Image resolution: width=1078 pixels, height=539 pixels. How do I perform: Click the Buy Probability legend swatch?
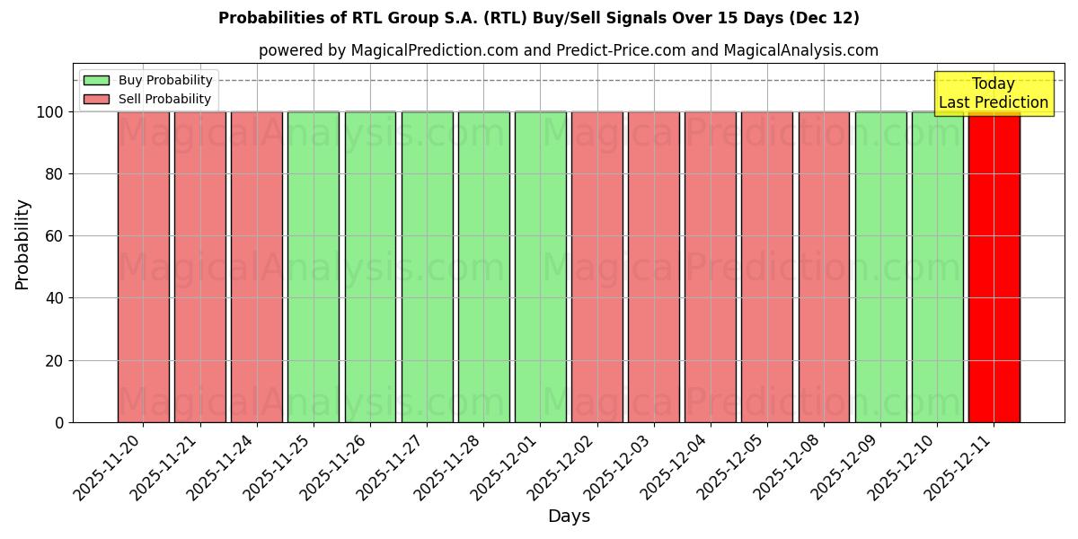tap(96, 81)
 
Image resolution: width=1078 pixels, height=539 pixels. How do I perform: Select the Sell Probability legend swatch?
tap(96, 100)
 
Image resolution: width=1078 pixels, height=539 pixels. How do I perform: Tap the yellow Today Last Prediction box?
tap(993, 93)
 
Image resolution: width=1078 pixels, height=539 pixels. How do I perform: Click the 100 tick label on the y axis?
tap(49, 112)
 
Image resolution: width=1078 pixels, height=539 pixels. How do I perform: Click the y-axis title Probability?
tap(22, 244)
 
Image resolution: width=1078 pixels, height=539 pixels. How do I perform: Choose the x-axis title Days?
tap(569, 517)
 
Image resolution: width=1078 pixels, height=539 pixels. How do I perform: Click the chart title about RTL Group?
tap(538, 18)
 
